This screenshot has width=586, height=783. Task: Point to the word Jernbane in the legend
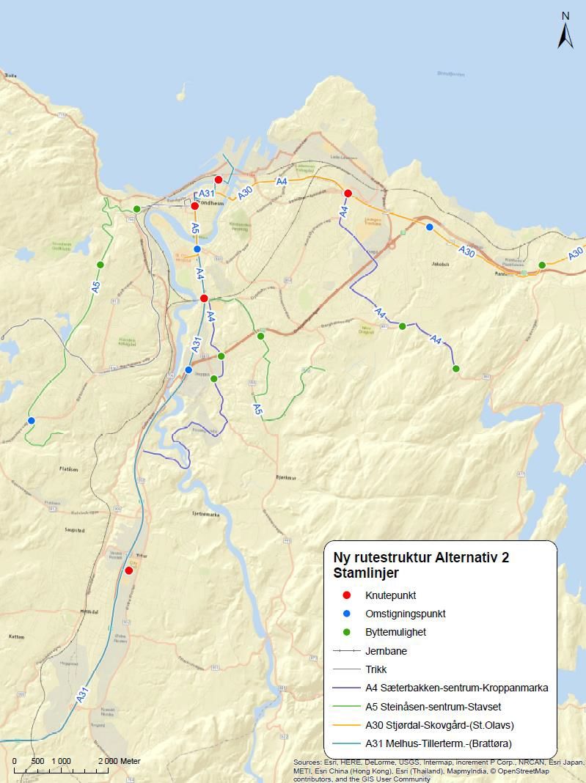(386, 651)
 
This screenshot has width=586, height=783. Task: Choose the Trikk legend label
(376, 669)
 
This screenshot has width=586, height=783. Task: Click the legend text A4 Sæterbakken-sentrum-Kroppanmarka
(456, 688)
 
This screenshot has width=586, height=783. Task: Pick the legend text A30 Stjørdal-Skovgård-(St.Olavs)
(439, 725)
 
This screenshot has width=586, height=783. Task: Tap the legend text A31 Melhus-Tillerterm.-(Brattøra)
(438, 743)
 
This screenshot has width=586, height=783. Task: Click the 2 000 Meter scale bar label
(119, 761)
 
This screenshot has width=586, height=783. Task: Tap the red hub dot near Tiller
(129, 570)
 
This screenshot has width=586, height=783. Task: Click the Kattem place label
(18, 637)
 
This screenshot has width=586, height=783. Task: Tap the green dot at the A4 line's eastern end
(455, 369)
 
